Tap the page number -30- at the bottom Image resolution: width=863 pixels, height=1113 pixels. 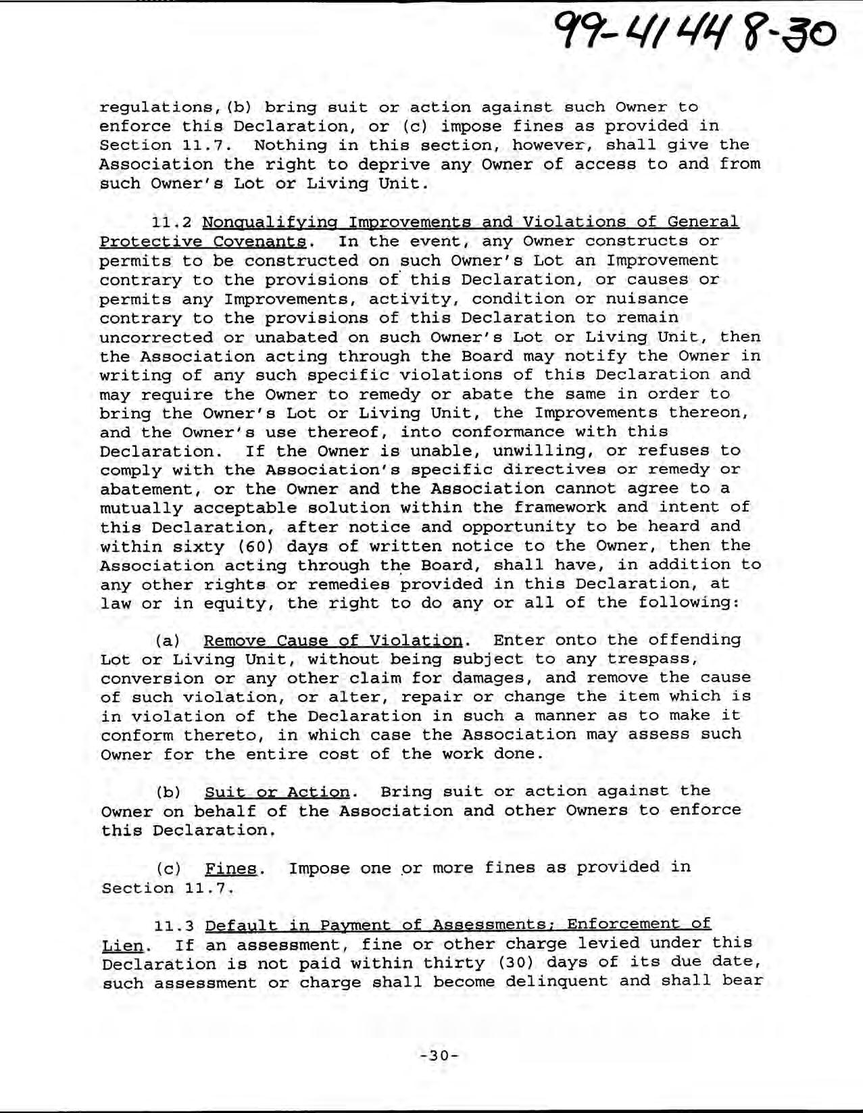[x=439, y=1056]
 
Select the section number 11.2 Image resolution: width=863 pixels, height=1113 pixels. [x=172, y=222]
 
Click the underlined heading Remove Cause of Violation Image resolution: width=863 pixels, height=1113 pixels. [x=333, y=640]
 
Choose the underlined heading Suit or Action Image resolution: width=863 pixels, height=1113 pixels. [x=277, y=791]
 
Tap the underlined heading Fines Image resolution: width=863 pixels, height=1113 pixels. [x=231, y=868]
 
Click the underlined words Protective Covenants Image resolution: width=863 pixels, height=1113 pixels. [x=203, y=242]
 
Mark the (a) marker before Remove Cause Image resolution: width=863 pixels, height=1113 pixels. [x=168, y=640]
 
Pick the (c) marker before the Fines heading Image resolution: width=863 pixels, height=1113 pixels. [x=168, y=868]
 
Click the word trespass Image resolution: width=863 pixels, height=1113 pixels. [x=649, y=659]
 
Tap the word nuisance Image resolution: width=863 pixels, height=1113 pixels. [x=647, y=299]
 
